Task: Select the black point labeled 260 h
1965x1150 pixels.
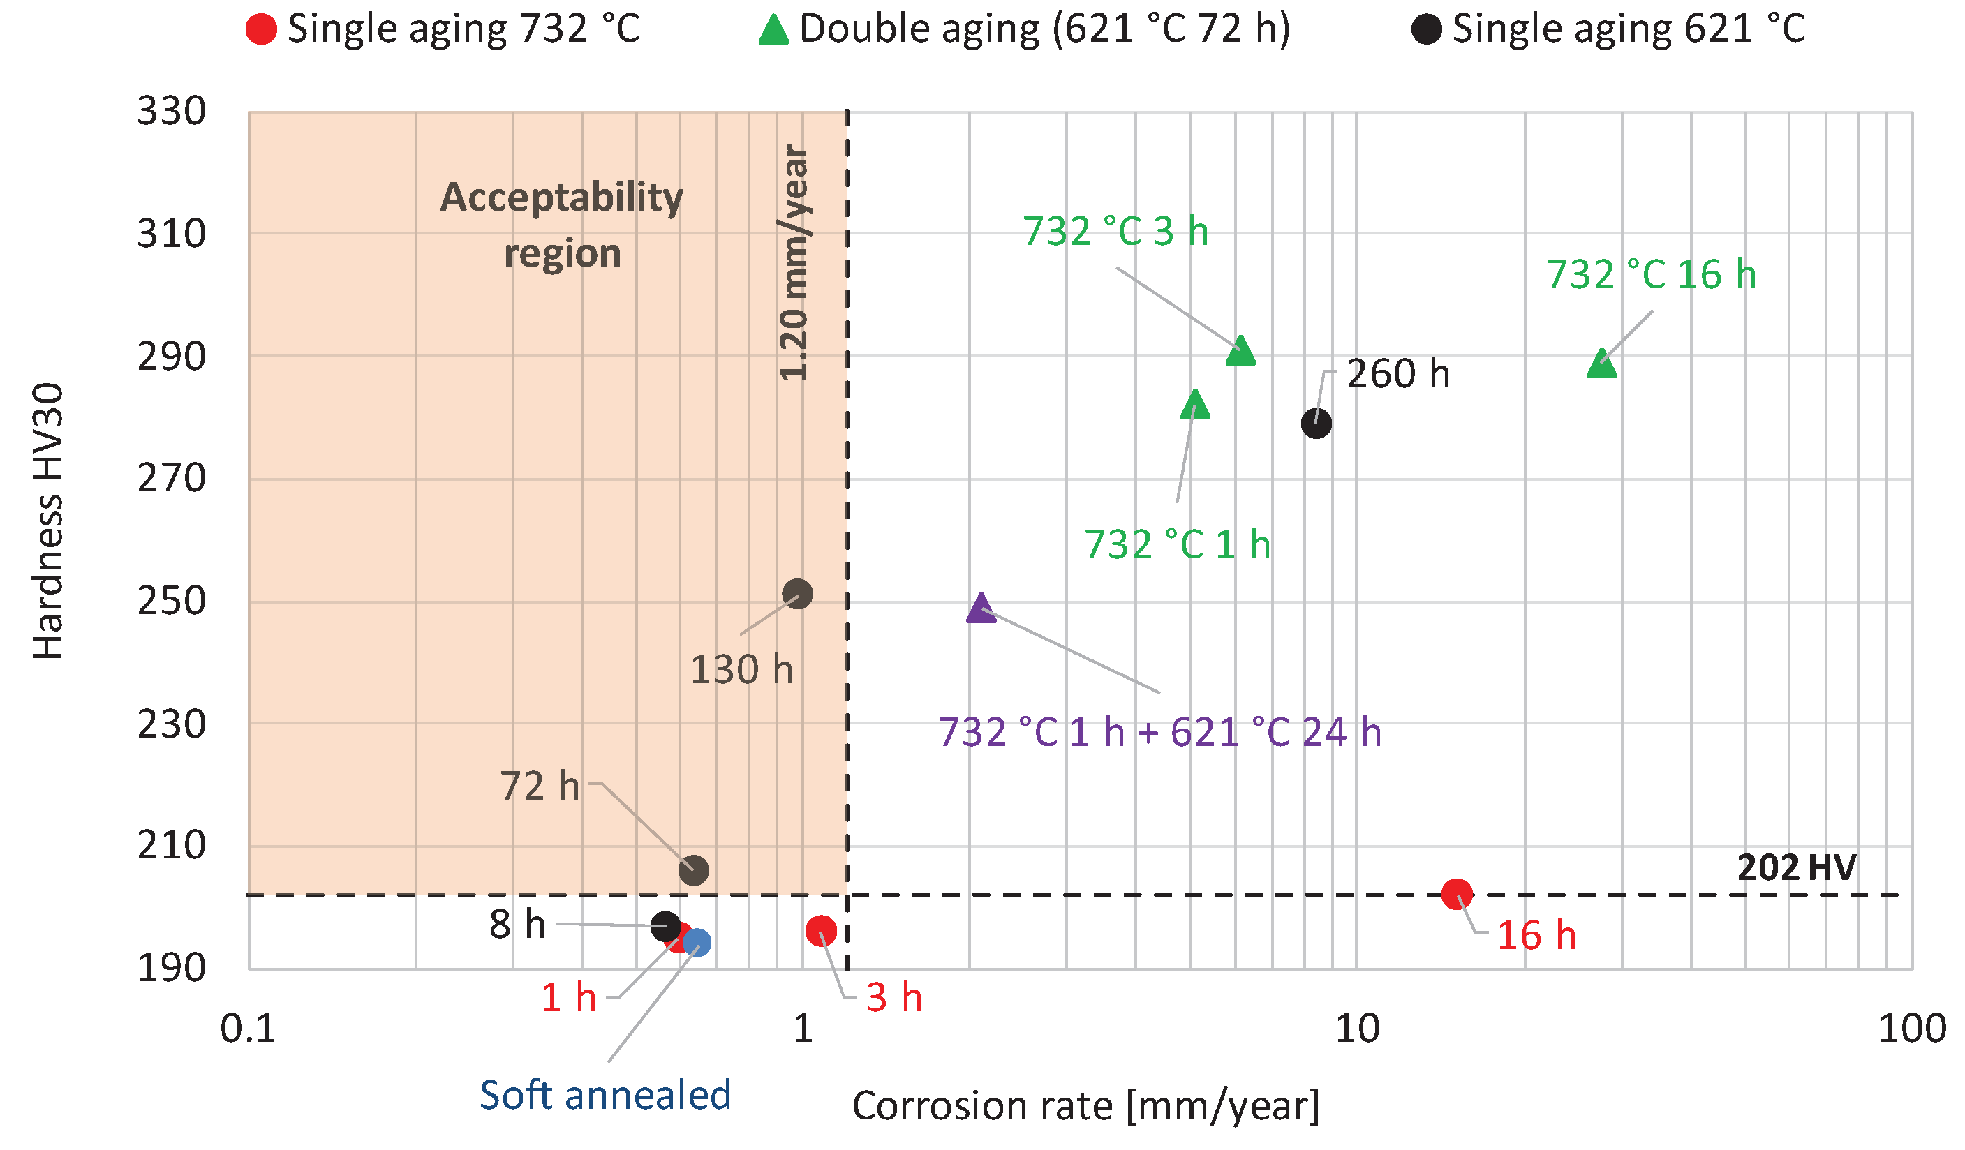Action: click(1317, 424)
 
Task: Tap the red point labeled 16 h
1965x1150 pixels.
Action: click(1457, 893)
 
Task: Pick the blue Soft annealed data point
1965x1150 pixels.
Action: click(697, 943)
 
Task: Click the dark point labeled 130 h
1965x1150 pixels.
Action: click(797, 594)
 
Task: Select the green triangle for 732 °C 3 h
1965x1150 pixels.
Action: click(1240, 352)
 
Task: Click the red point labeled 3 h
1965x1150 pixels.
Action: click(821, 930)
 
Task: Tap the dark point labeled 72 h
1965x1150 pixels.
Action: click(693, 869)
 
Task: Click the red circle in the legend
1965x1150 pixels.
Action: click(261, 29)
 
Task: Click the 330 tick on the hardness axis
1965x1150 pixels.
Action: click(172, 111)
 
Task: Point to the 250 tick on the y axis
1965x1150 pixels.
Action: click(172, 601)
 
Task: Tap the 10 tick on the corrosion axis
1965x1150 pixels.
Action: click(1357, 1029)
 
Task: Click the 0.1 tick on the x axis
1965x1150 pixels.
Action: click(248, 1029)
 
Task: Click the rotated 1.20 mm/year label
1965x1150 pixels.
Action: click(794, 264)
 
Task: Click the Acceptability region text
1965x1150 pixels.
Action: click(562, 225)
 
